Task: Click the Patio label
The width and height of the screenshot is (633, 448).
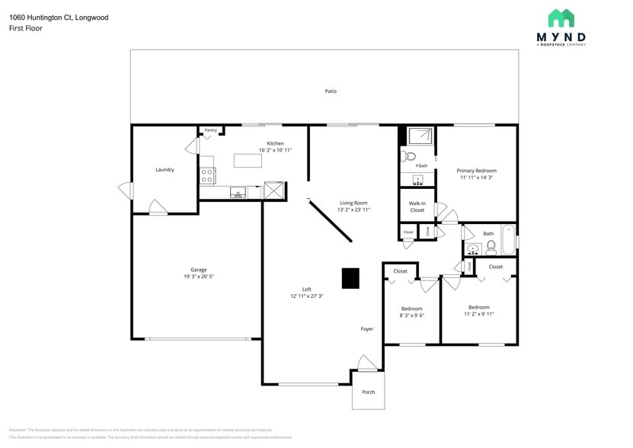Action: (x=331, y=91)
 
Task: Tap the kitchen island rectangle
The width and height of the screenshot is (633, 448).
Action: (x=246, y=161)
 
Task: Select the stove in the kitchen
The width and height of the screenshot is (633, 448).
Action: (x=206, y=176)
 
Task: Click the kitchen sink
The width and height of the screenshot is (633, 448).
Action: (x=238, y=193)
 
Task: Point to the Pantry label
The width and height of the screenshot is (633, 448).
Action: (x=210, y=130)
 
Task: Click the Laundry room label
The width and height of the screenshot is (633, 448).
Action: (x=165, y=170)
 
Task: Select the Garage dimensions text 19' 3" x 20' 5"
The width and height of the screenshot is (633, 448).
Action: (x=199, y=277)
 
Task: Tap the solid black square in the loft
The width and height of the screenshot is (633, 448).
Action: (x=350, y=279)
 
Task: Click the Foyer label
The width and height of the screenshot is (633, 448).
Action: (x=367, y=329)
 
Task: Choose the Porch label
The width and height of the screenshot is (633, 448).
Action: (x=368, y=392)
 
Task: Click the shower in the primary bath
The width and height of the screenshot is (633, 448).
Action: (x=420, y=136)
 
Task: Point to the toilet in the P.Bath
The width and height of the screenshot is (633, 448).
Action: (x=409, y=156)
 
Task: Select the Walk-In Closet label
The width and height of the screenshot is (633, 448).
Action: (x=417, y=206)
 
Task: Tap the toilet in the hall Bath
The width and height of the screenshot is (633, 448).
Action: (x=491, y=246)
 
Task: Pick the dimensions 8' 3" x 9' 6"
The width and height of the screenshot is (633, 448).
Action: (x=411, y=315)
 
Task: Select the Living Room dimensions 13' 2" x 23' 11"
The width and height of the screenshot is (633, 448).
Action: (x=354, y=210)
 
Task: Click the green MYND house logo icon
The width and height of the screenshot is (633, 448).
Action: (x=561, y=18)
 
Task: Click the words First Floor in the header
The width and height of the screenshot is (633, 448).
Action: (x=26, y=28)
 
